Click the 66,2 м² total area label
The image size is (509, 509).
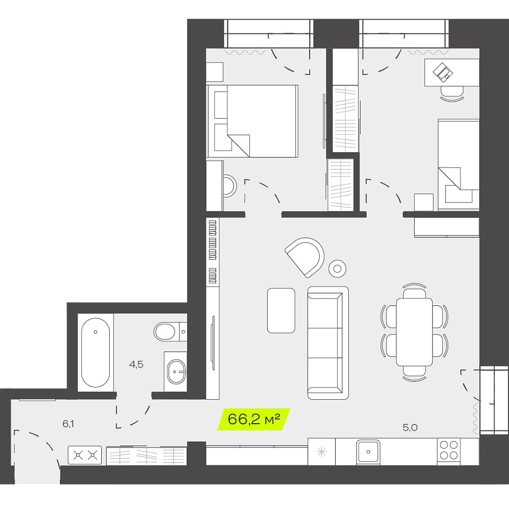click(254, 419)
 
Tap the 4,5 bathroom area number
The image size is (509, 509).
click(136, 364)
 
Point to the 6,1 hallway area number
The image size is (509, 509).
click(68, 424)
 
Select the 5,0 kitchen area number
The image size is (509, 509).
click(410, 427)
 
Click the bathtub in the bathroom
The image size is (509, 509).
click(95, 352)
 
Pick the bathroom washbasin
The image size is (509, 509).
click(176, 371)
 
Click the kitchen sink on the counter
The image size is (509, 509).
click(368, 452)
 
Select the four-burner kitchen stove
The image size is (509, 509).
click(449, 450)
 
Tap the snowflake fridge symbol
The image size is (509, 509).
click(321, 452)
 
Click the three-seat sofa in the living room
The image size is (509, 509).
click(328, 343)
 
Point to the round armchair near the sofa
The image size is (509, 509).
click(305, 257)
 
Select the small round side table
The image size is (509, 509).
click(337, 268)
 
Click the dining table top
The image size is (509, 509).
click(414, 332)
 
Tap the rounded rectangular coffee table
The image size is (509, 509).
click(281, 310)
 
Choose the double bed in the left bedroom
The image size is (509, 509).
click(252, 121)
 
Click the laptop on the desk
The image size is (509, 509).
click(443, 72)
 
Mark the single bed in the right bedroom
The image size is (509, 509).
click(458, 165)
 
